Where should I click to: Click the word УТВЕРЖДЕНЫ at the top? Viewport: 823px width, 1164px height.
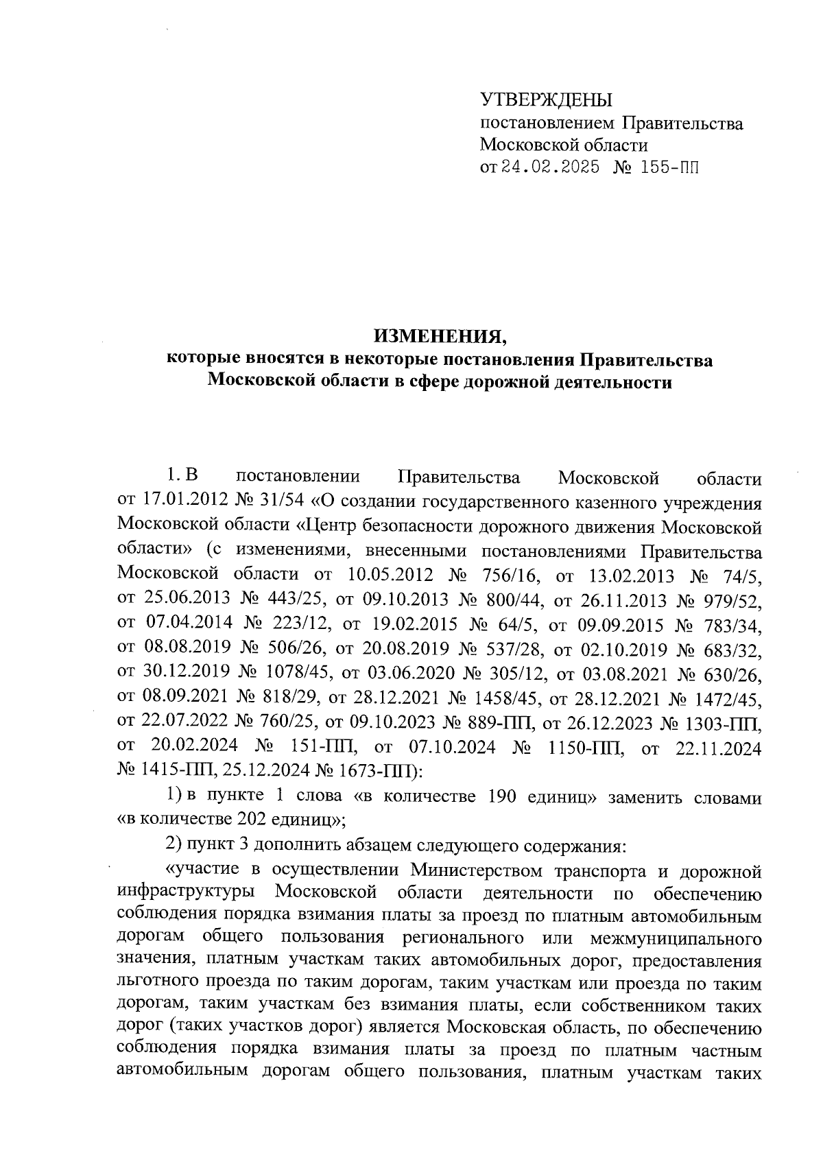pos(545,100)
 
